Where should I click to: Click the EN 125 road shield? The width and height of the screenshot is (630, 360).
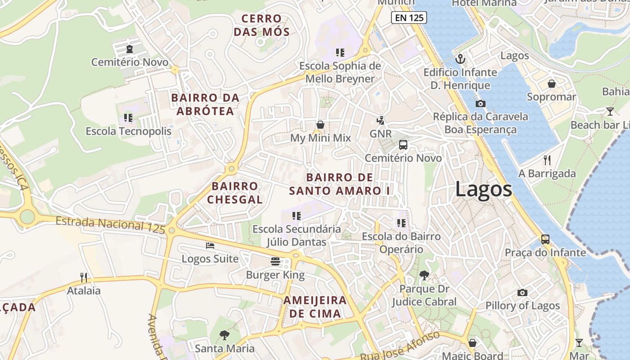coord(409,18)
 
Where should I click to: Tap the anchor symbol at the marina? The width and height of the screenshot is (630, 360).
coord(460,59)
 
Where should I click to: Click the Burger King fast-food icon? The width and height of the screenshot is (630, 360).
coord(275,261)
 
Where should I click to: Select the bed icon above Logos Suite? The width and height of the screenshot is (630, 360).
coord(210,246)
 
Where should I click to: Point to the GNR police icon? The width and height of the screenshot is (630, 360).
coord(381,120)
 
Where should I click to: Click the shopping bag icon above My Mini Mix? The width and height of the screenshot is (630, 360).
coord(320,124)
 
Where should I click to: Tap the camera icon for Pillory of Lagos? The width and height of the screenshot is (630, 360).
coord(522,292)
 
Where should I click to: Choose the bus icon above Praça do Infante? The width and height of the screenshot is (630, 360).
coord(545,239)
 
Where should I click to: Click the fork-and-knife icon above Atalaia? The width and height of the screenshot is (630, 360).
coord(84,277)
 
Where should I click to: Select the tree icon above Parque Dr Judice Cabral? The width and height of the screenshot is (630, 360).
coord(423,275)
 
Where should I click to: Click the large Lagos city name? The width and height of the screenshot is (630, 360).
coord(483,189)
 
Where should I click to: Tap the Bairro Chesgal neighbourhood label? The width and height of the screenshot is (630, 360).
coord(235,193)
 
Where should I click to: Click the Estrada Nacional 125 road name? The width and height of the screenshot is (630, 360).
coord(111,224)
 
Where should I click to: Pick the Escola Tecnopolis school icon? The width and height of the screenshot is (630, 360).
coord(128,118)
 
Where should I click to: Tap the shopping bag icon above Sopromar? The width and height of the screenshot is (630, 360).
coord(551,84)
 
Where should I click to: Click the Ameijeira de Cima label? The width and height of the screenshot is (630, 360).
coord(315,307)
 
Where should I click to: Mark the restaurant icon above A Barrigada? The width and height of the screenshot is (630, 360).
coord(547,160)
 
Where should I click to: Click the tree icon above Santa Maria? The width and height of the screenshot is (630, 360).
coord(224,335)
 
